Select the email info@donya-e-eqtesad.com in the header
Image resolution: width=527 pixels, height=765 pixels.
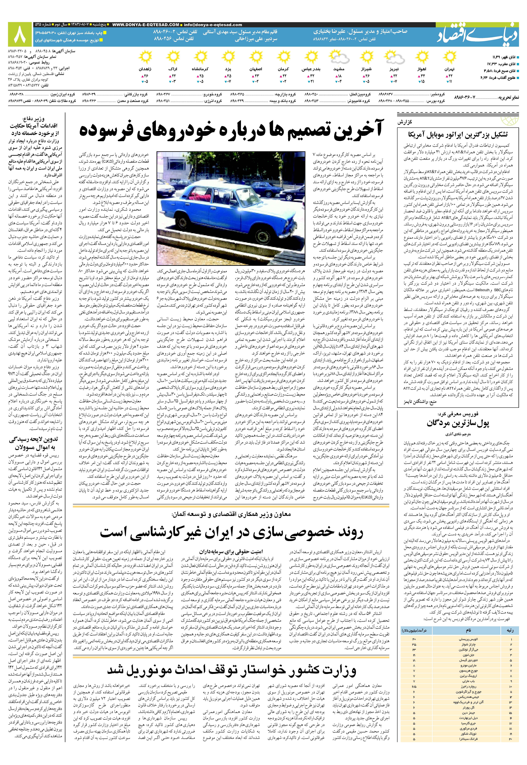point(213,25)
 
